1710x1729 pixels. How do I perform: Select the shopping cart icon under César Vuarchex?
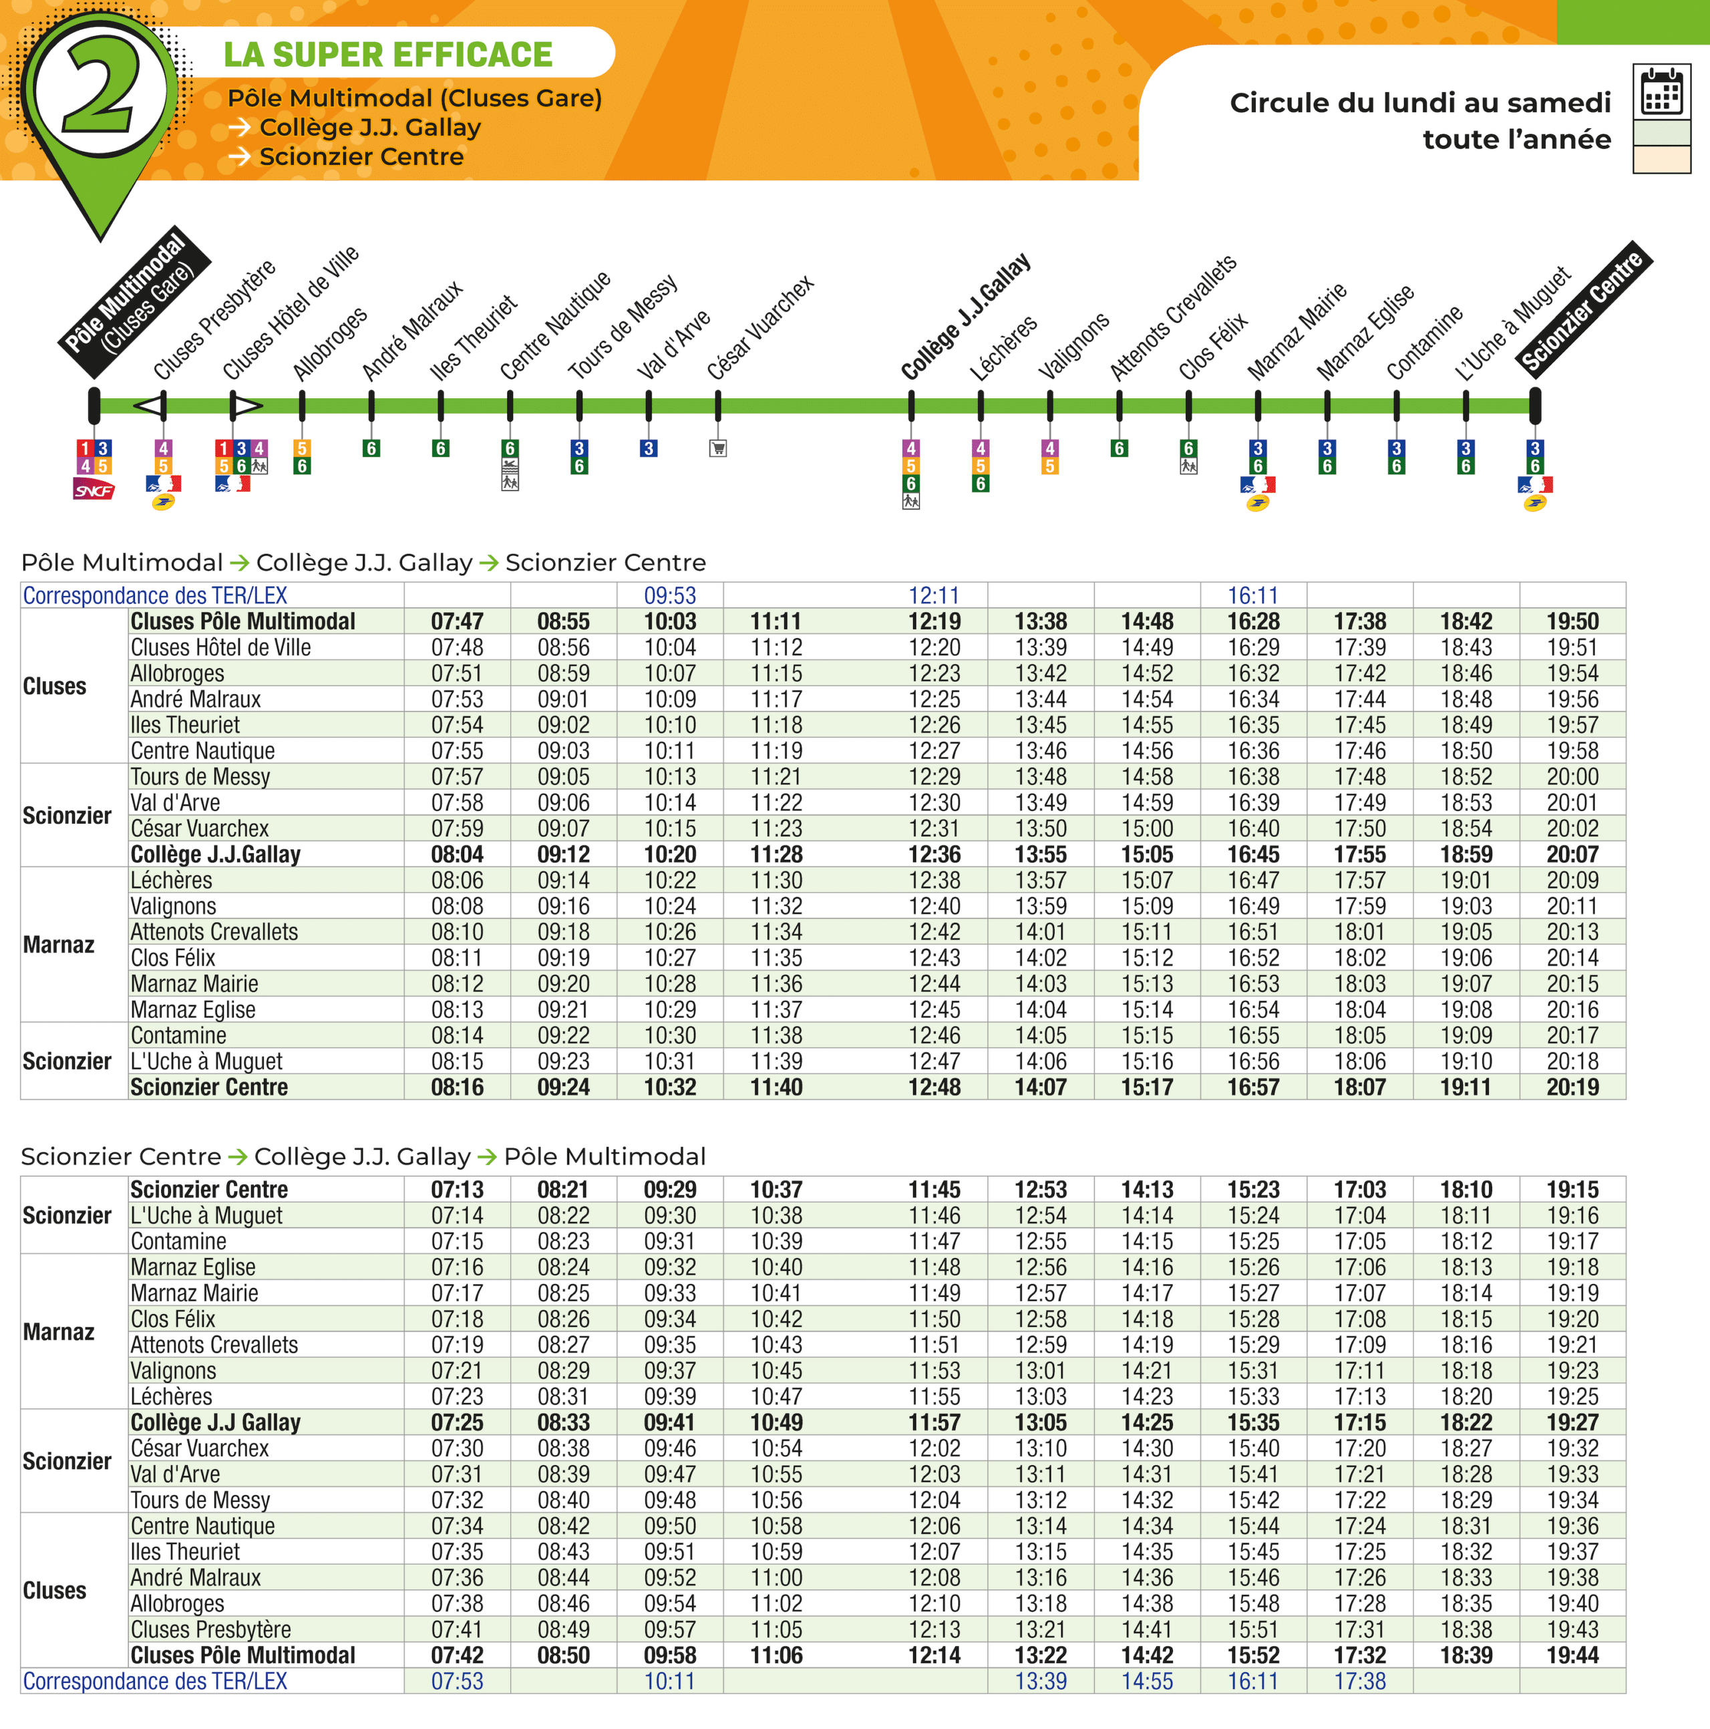717,448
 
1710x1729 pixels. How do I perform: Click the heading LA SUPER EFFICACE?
387,55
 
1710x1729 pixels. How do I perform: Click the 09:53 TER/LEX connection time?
669,595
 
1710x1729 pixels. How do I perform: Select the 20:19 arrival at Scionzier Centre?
1572,1088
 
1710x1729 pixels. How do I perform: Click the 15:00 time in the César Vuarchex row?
1146,828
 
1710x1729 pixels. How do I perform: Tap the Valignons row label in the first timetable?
174,907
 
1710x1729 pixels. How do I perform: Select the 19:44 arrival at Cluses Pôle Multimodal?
1572,1656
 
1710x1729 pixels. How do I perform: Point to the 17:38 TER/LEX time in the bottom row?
1359,1682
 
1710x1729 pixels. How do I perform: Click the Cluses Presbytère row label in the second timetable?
210,1629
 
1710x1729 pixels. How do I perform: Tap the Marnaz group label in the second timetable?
58,1331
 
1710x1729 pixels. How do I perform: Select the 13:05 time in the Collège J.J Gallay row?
1040,1423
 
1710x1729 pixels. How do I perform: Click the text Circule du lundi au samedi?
1419,103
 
